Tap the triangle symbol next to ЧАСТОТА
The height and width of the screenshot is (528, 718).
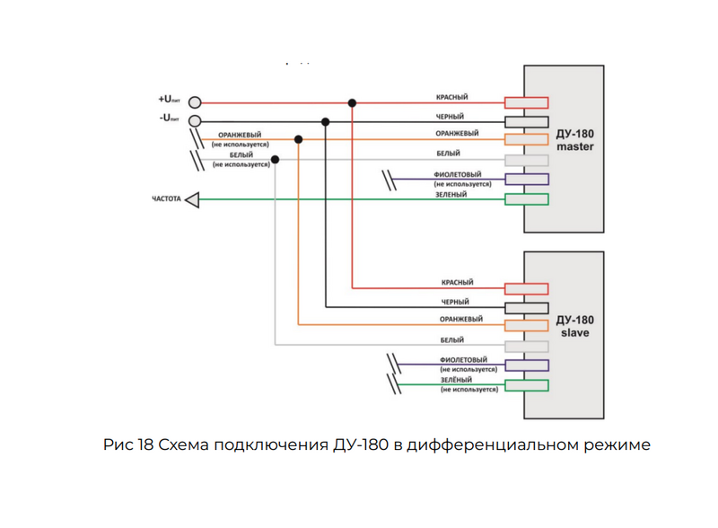pos(192,200)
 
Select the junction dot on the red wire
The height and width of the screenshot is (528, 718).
pos(352,102)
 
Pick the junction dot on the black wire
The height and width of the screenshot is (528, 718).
pos(325,122)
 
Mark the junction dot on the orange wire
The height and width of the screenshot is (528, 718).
pos(299,139)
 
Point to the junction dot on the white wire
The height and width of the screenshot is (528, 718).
pos(275,160)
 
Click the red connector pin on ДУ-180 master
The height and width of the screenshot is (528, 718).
pos(527,102)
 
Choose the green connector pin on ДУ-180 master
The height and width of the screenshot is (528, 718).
pos(527,199)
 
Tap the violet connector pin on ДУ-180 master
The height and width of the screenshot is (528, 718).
pos(527,180)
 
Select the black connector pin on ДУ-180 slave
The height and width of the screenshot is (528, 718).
pos(527,308)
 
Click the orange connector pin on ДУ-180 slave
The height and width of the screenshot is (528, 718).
pos(527,325)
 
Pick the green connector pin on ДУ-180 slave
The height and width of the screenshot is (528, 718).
pos(527,385)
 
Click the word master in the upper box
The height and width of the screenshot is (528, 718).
pos(575,146)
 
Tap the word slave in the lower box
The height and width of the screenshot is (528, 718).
pos(575,333)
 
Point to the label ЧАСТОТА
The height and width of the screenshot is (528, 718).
pos(167,199)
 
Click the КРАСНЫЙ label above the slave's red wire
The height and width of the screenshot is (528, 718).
pos(457,282)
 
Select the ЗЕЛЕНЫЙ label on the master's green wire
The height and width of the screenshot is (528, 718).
pos(451,194)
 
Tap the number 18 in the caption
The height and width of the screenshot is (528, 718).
pos(145,444)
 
